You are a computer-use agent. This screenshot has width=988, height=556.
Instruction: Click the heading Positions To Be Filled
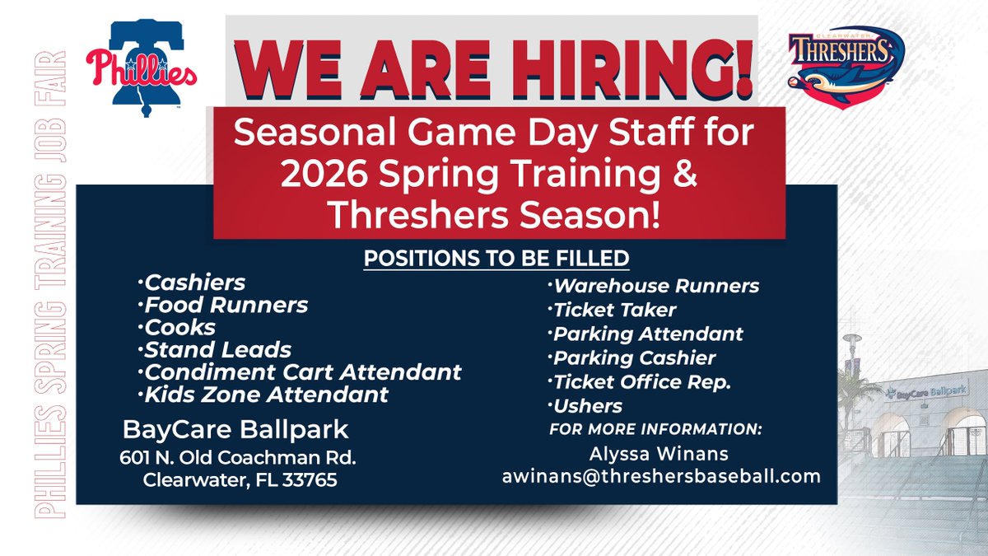point(496,258)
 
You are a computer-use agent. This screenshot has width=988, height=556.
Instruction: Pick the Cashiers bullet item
point(195,283)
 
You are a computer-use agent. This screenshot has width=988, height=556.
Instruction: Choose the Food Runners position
point(226,305)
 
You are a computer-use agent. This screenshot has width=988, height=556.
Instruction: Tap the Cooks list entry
point(180,327)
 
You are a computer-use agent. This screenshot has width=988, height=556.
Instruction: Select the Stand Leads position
point(217,349)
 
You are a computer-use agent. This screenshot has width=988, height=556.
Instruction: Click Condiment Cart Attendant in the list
point(302,371)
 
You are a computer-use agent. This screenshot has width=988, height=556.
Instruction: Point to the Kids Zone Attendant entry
point(266,394)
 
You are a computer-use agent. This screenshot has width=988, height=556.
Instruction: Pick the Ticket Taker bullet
point(615,310)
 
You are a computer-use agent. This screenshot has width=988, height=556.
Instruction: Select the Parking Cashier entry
point(634,357)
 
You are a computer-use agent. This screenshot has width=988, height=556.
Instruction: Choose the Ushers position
point(588,405)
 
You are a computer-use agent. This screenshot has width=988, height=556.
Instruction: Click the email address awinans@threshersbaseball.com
point(661,475)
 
